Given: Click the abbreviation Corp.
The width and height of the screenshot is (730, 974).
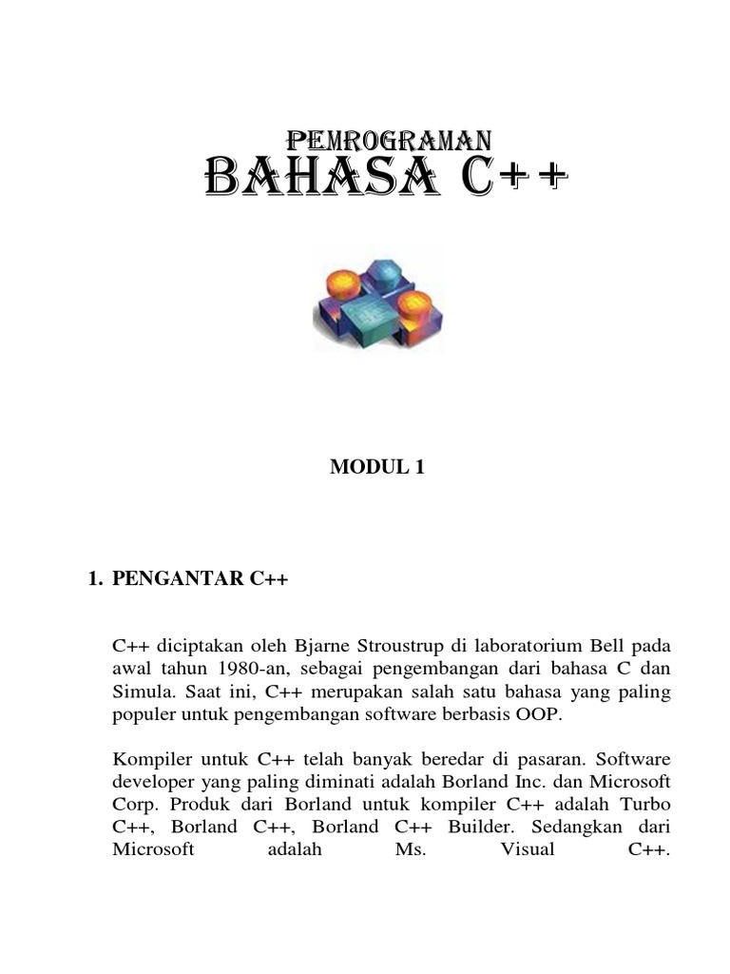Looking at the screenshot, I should coord(134,804).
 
